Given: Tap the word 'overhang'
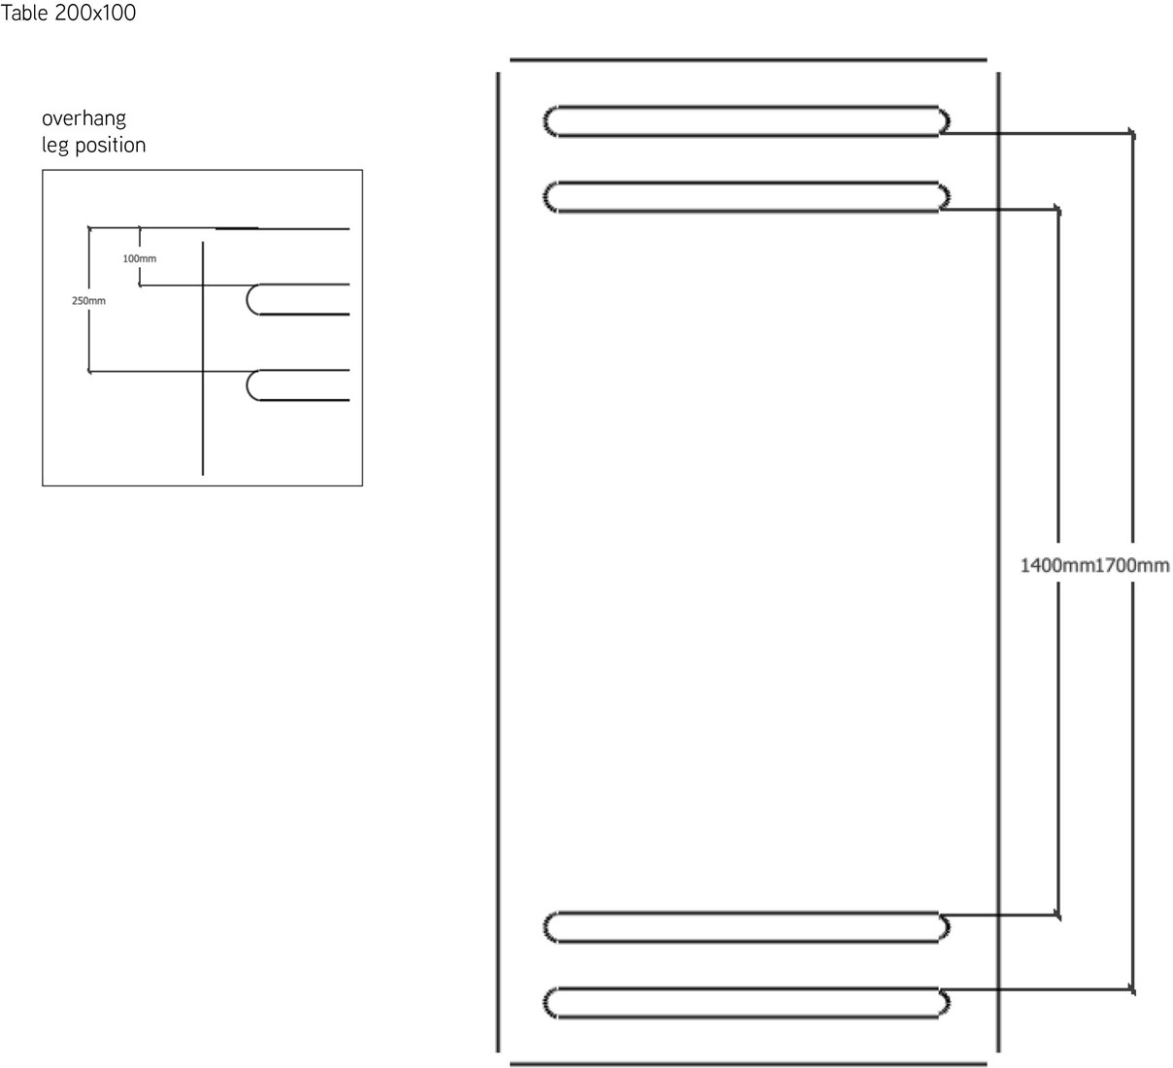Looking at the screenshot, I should tap(84, 119).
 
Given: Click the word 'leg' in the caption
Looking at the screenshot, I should tap(54, 146).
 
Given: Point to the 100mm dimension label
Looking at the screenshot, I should tap(140, 259).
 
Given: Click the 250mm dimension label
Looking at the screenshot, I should tap(88, 301).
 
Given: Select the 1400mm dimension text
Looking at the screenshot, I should tap(1056, 565).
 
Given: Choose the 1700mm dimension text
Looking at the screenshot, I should tap(1132, 565).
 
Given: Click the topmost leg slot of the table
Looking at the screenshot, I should tap(746, 119).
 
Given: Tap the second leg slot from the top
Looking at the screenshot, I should tap(746, 196).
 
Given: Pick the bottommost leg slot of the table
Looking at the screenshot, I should tap(746, 1002).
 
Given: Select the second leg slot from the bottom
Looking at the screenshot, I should tap(746, 927).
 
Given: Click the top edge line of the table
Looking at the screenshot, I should tap(748, 59).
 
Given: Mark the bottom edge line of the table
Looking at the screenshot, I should tap(748, 1063).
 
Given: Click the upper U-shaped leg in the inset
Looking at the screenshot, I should tap(296, 299).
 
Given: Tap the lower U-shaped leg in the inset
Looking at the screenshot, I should tap(296, 385).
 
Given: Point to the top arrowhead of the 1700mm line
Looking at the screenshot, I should tap(1132, 133).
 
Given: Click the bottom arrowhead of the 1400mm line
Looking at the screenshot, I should tap(1057, 914).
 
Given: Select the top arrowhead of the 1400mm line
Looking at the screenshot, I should tap(1057, 209).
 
